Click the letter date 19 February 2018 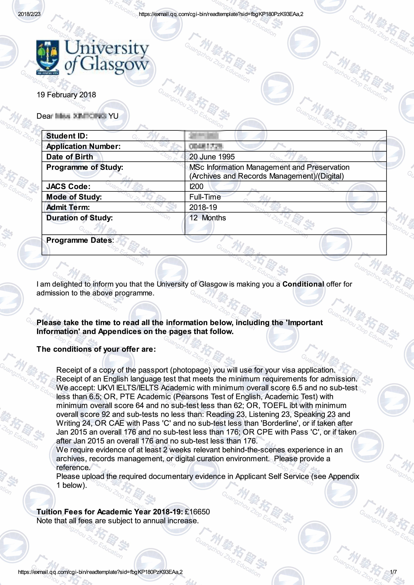point(66,95)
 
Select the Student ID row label point(67,136)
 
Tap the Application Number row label point(83,146)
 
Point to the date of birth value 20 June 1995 point(212,157)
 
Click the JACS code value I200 point(196,186)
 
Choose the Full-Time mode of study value point(205,197)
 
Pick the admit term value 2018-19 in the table point(203,207)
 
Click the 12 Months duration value point(207,218)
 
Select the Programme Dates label point(80,240)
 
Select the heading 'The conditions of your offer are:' point(96,349)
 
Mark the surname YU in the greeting point(113,116)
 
